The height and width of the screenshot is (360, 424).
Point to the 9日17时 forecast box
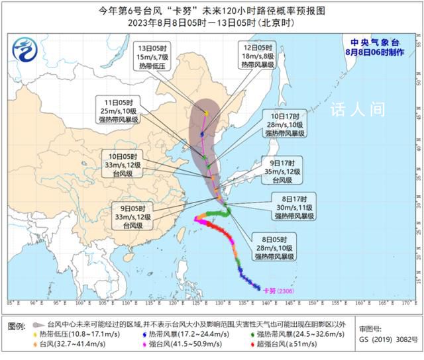[282, 169]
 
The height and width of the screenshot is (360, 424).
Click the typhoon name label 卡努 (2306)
[278, 290]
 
